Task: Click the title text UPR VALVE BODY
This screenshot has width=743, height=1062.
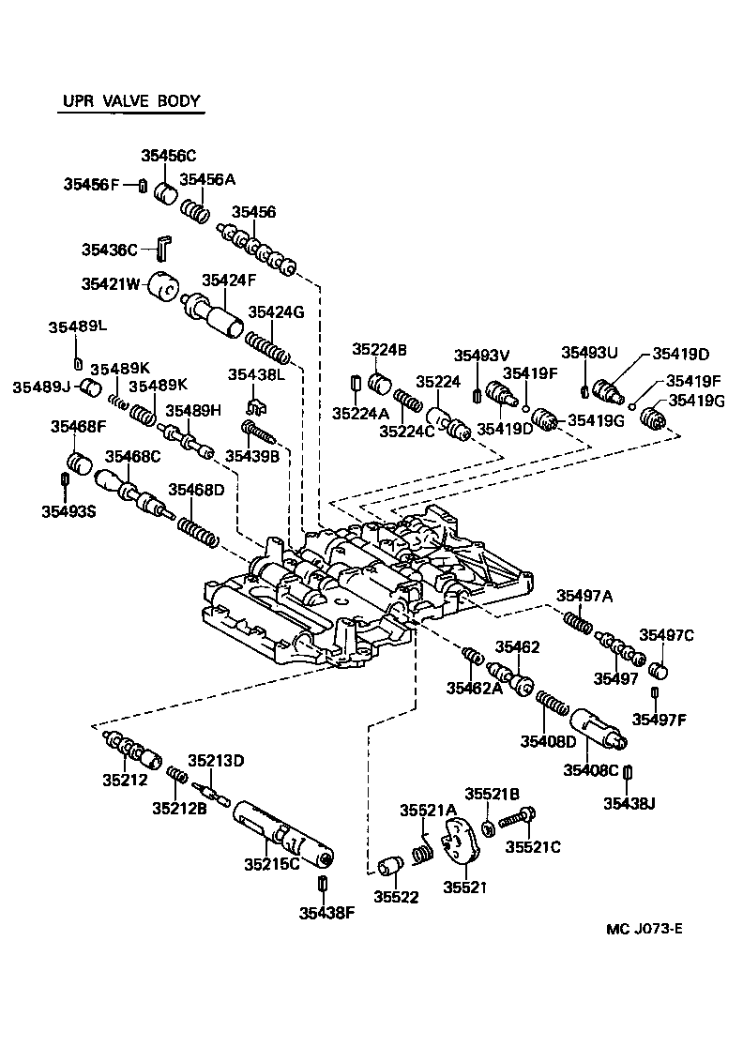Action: [130, 101]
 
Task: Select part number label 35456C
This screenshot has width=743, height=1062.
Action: [169, 155]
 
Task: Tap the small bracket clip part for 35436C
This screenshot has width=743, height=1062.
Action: [162, 248]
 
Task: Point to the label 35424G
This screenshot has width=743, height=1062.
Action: [275, 312]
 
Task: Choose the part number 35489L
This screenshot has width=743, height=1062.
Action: [78, 326]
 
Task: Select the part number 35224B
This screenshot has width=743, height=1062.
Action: [379, 349]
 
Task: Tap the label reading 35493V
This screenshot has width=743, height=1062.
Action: [481, 355]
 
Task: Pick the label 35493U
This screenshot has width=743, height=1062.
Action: [589, 353]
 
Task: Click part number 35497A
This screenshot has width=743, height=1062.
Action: [584, 595]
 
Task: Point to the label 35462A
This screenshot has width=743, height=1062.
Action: [474, 690]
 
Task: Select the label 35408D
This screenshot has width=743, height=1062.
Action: [548, 741]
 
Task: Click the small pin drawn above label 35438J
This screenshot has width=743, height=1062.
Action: [629, 772]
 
